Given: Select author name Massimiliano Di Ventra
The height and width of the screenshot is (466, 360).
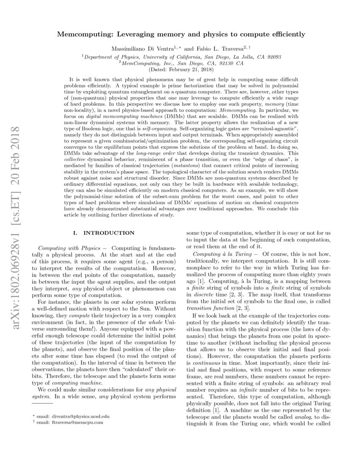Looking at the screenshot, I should coord(142,49).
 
